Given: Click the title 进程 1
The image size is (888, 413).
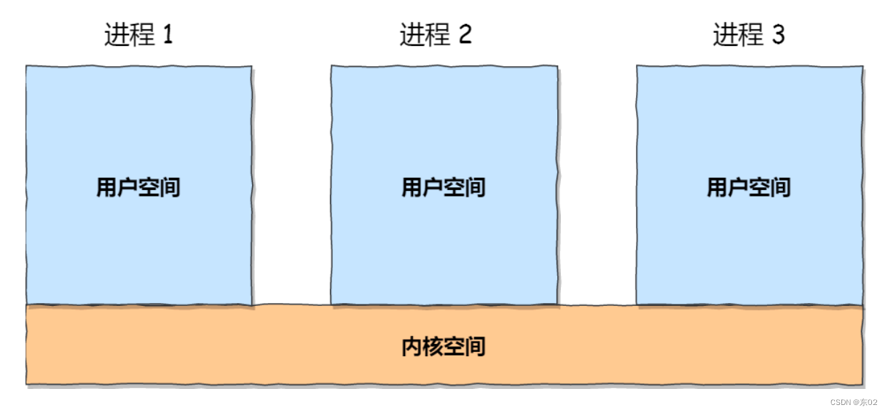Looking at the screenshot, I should tap(138, 35).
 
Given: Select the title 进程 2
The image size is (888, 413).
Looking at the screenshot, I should tap(436, 35).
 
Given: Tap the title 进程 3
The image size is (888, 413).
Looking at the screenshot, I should tap(749, 35).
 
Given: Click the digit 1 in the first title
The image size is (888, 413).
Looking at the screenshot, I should tap(168, 35).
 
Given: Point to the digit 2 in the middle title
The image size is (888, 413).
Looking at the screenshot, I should tap(465, 35).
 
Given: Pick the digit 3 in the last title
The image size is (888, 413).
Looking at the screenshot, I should tap(779, 35).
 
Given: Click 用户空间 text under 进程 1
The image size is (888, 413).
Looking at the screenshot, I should tap(138, 188).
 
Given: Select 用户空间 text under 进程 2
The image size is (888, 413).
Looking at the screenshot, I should tap(444, 188).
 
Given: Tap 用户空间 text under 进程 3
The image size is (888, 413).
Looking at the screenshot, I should tap(749, 188).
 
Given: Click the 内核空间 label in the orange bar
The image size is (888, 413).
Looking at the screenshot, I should tap(444, 346).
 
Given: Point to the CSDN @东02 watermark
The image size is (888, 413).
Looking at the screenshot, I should tap(854, 402).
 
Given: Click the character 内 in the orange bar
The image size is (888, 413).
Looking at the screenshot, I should tap(412, 346).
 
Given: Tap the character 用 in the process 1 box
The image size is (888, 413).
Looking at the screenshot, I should tap(107, 188).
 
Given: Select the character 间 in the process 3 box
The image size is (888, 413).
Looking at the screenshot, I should tap(780, 188).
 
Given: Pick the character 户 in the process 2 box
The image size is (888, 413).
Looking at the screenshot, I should tap(433, 188).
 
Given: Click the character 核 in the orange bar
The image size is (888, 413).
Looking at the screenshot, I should tap(433, 346).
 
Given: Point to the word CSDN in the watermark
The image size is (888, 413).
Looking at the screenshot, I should tap(840, 402).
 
